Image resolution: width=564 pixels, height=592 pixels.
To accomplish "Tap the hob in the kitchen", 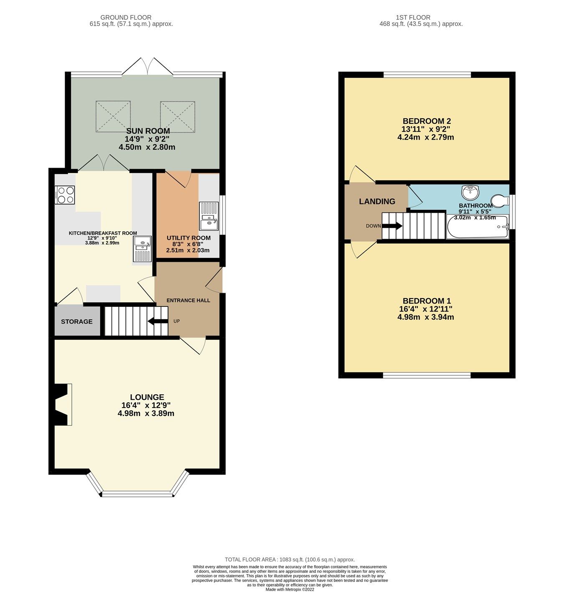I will tap(65, 195).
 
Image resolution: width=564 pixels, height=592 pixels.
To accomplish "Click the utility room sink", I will tap(209, 216).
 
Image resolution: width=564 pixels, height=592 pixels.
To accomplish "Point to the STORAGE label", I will tap(77, 322).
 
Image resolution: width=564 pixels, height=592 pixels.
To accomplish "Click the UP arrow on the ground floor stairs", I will tap(157, 321).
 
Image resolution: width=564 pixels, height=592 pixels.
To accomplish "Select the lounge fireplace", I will tap(61, 405).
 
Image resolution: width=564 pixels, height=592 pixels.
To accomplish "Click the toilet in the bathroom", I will tap(500, 201).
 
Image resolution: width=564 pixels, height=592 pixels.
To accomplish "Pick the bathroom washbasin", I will tap(471, 193).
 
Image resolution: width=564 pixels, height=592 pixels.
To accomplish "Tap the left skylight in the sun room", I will tap(113, 117).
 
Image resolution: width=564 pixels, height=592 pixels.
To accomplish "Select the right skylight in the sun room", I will tap(178, 117).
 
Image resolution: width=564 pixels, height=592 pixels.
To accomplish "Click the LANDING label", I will tap(377, 202).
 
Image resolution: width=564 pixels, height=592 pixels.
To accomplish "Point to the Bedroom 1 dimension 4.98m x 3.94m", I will tap(426, 317).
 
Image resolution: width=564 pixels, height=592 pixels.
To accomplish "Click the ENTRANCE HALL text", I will tap(188, 300).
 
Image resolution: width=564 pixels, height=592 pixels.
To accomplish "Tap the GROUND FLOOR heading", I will tap(126, 18).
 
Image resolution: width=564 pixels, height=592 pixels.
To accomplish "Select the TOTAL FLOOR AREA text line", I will tap(290, 559).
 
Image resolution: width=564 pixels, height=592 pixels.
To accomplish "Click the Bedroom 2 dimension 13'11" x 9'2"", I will tap(426, 129).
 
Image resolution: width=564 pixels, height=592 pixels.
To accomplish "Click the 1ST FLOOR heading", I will tap(413, 18).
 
